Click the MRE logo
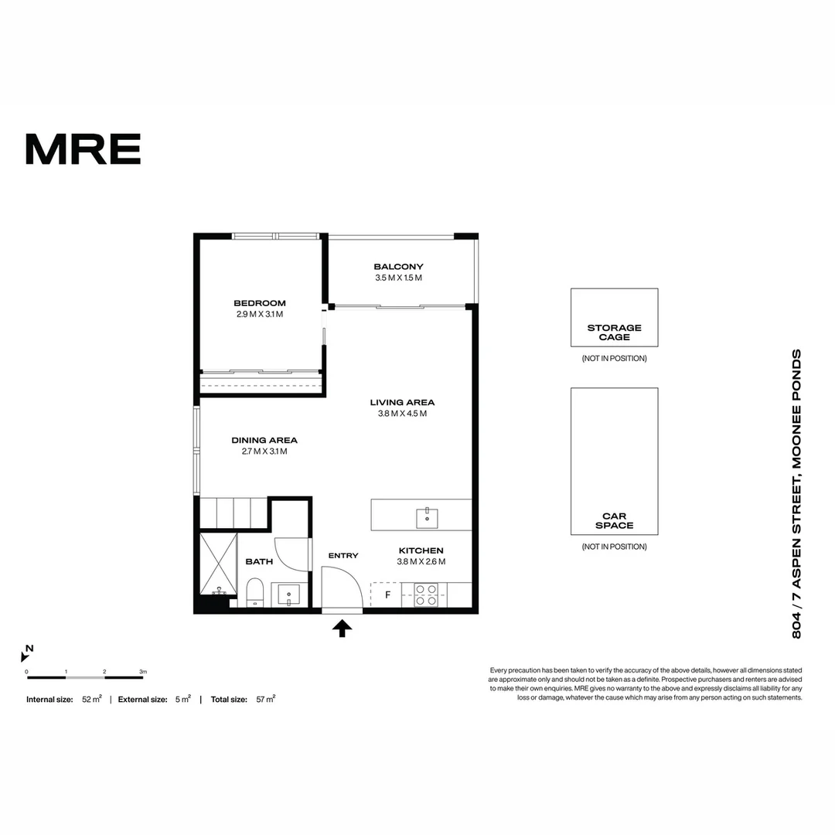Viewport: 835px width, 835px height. tap(83, 148)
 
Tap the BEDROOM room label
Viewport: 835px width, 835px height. tap(260, 303)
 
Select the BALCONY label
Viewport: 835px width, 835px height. tap(398, 267)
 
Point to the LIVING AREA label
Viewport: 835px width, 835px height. tap(402, 402)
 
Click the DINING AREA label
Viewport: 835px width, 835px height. tap(264, 441)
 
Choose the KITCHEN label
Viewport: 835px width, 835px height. tap(421, 550)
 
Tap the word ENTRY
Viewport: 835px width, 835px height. tap(343, 555)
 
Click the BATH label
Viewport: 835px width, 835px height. tap(259, 562)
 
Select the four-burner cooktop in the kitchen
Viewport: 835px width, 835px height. tap(426, 595)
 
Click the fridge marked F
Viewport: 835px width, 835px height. tap(388, 595)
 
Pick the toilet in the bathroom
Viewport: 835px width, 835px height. tap(255, 595)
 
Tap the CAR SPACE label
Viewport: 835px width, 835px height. tap(615, 520)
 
